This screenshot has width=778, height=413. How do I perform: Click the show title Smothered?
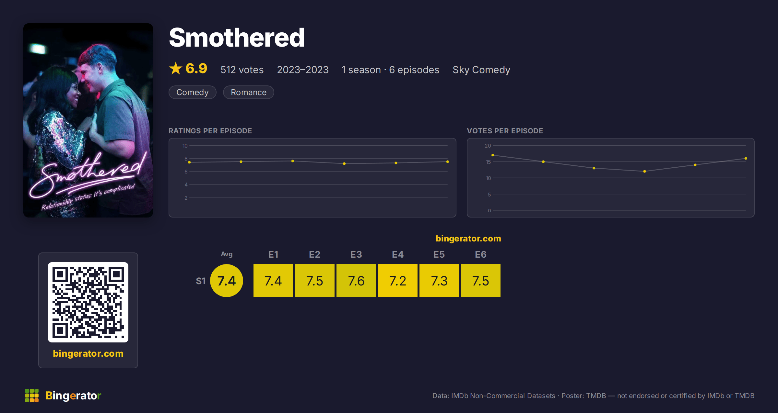pyautogui.click(x=237, y=38)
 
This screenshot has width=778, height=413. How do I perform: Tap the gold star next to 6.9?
pyautogui.click(x=176, y=68)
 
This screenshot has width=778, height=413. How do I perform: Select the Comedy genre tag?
pyautogui.click(x=193, y=92)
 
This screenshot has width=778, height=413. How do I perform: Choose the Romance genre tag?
pyautogui.click(x=249, y=92)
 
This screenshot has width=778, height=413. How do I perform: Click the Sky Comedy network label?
pyautogui.click(x=481, y=70)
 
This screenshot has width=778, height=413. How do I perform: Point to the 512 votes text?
pyautogui.click(x=242, y=70)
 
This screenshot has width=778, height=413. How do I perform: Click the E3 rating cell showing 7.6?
pyautogui.click(x=356, y=281)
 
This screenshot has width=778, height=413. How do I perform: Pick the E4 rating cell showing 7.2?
pyautogui.click(x=398, y=281)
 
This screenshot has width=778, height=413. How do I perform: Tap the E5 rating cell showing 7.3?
pyautogui.click(x=439, y=281)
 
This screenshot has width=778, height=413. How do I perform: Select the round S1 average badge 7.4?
pyautogui.click(x=227, y=281)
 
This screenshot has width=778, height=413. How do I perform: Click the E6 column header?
pyautogui.click(x=481, y=254)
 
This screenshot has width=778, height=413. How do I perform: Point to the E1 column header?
pyautogui.click(x=273, y=254)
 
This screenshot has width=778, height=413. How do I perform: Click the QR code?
pyautogui.click(x=88, y=302)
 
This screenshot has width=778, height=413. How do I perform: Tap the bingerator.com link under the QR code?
pyautogui.click(x=88, y=353)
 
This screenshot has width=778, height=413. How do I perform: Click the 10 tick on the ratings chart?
pyautogui.click(x=185, y=146)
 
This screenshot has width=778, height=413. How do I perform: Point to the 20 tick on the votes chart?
pyautogui.click(x=488, y=146)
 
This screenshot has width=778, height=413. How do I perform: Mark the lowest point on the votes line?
pyautogui.click(x=644, y=171)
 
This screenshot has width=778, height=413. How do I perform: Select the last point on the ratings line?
pyautogui.click(x=448, y=162)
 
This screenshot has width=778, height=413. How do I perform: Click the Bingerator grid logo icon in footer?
pyautogui.click(x=32, y=396)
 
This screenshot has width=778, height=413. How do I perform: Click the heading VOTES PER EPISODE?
pyautogui.click(x=505, y=131)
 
